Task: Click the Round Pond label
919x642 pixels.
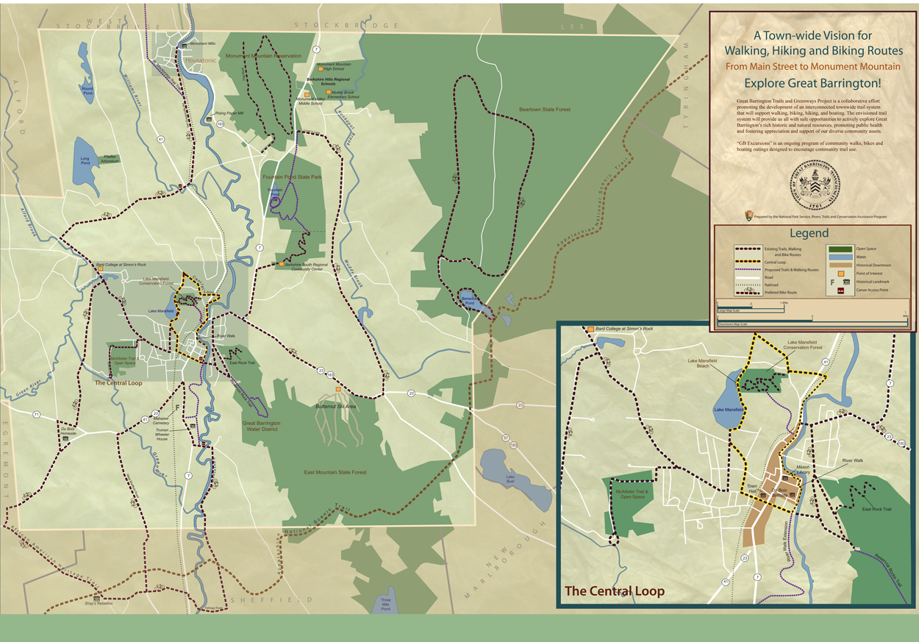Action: tap(87, 90)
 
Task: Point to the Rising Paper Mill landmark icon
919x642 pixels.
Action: tap(209, 119)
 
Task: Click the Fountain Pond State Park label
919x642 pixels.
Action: tap(292, 177)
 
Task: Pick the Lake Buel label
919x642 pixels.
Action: tap(509, 479)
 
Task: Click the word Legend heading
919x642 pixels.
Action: tap(809, 234)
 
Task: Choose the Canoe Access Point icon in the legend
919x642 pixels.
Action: tap(840, 290)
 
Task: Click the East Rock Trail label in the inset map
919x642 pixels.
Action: tap(876, 509)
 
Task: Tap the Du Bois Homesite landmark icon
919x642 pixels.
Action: tap(65, 439)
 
